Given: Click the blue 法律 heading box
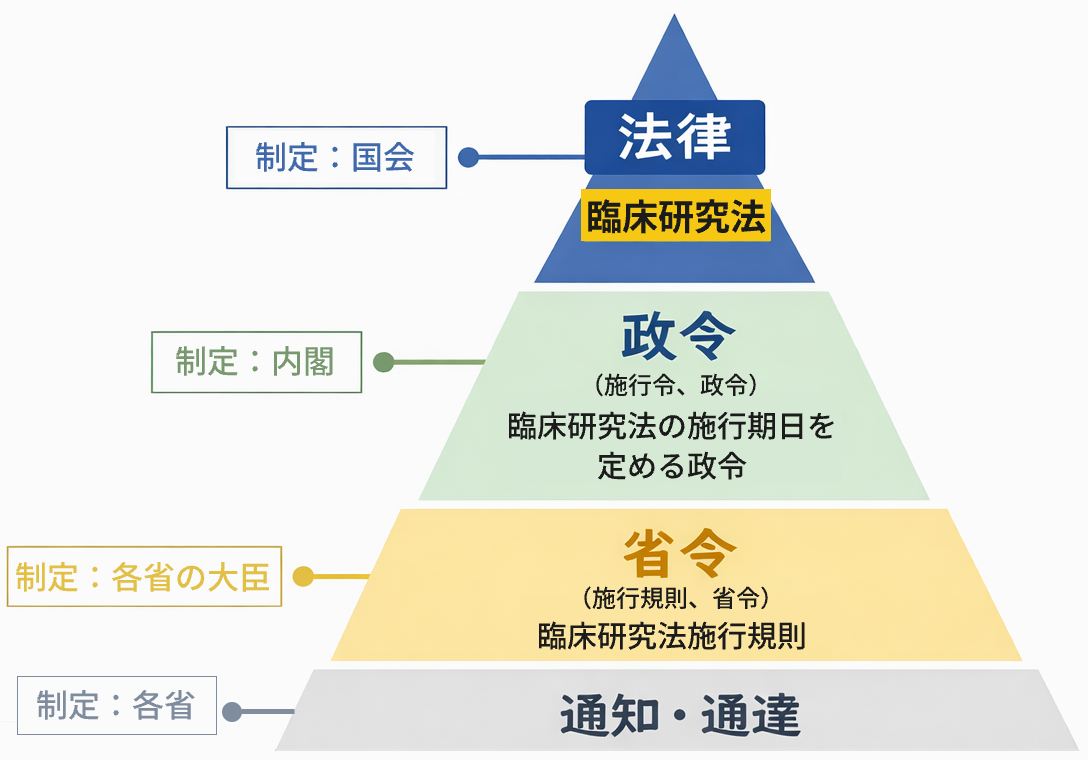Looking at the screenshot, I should [x=675, y=137].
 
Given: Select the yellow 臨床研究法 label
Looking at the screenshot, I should [x=676, y=217].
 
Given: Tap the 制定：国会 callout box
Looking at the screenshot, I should [x=336, y=157].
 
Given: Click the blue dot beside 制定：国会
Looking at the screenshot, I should [x=467, y=157].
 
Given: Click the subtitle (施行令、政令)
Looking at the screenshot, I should [x=675, y=383].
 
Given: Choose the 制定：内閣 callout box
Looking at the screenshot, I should [x=256, y=362].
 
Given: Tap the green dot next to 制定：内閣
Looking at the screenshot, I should [x=383, y=362].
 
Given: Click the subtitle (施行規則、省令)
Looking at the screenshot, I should [x=675, y=599].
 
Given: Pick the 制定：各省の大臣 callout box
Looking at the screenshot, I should [x=144, y=577].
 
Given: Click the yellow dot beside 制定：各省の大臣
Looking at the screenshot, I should [x=303, y=577].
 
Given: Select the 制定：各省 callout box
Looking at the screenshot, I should [x=116, y=706].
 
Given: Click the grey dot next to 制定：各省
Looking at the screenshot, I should [x=232, y=712].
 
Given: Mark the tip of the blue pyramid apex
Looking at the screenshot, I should [x=676, y=17].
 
